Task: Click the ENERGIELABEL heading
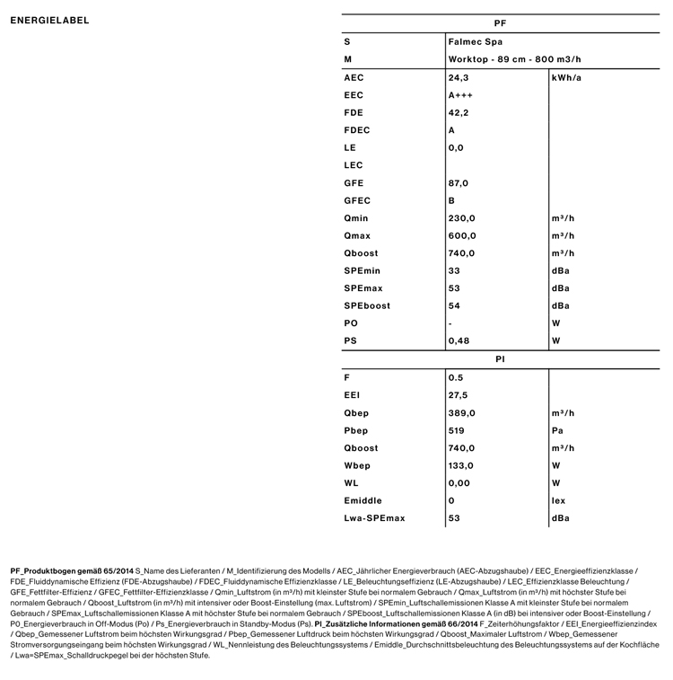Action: (50, 21)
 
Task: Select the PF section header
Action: (501, 24)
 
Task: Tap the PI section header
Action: (501, 359)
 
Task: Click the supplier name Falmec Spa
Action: (476, 42)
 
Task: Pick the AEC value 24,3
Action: (459, 78)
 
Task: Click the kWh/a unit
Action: (566, 78)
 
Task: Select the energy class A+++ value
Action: (460, 95)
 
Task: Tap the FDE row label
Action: (354, 113)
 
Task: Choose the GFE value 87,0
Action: (459, 183)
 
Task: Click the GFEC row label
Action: (356, 201)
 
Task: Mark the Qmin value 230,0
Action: (461, 218)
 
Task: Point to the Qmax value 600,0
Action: (462, 236)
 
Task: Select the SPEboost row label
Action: (366, 306)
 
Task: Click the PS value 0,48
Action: (459, 341)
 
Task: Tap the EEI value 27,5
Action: (458, 395)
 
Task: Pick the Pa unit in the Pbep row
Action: (557, 430)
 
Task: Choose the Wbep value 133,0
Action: (461, 466)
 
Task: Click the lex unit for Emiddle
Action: (558, 501)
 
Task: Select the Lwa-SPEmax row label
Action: (374, 518)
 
